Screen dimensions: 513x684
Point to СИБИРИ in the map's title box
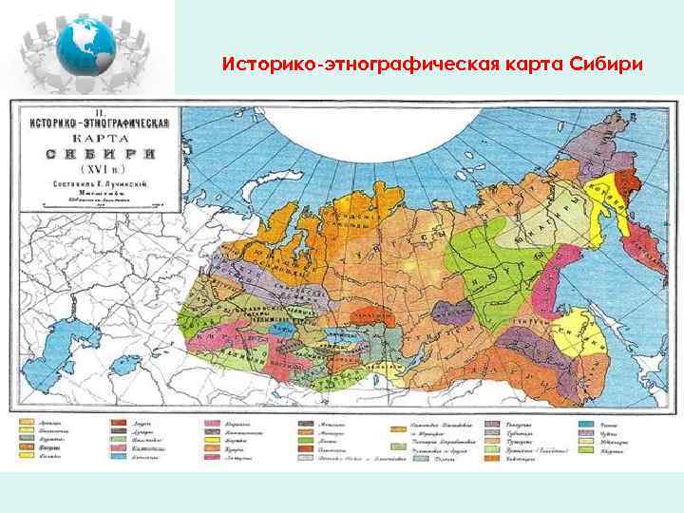(x=92, y=153)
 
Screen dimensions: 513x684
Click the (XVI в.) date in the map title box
(x=92, y=169)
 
